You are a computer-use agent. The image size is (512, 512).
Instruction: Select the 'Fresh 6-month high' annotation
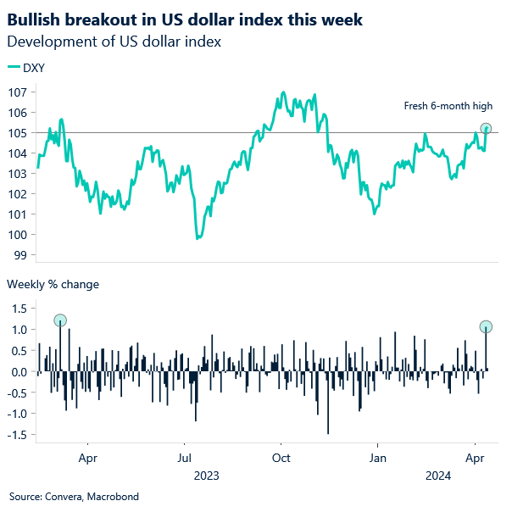pos(447,106)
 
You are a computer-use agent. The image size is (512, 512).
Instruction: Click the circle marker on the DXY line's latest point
pos(486,129)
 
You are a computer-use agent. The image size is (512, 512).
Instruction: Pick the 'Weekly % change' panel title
pos(53,284)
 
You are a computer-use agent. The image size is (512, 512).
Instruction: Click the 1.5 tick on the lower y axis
pos(19,309)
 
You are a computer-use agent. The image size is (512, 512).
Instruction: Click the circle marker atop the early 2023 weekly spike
pos(60,320)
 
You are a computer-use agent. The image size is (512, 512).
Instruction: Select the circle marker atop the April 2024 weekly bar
pos(486,327)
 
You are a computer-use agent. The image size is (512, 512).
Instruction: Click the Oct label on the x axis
pos(281,458)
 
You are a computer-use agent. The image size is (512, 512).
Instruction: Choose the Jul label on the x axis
pos(184,458)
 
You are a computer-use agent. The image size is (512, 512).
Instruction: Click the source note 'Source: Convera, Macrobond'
pos(74,496)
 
